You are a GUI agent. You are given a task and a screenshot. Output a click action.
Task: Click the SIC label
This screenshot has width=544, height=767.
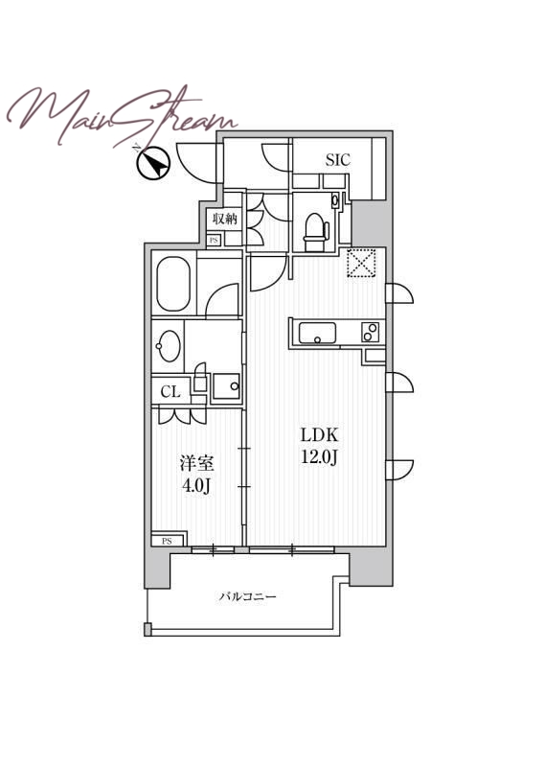point(338,159)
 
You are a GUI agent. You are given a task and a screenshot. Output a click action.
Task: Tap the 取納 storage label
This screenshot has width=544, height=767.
point(225,219)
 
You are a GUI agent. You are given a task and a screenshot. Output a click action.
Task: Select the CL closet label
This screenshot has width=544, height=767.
point(170,391)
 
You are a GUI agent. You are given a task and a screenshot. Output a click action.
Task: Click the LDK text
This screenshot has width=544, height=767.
point(319,434)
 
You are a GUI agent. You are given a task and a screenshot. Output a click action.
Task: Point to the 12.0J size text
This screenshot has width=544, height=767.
point(320,457)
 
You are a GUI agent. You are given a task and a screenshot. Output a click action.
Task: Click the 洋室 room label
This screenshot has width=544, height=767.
point(196,463)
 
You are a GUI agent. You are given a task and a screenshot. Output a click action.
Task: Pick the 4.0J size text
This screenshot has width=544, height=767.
point(196,486)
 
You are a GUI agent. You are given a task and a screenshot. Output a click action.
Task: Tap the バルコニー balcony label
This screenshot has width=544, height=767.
point(248,596)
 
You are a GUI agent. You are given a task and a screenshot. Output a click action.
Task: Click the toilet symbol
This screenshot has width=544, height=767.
point(316,233)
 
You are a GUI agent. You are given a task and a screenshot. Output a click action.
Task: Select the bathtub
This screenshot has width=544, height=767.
point(173,284)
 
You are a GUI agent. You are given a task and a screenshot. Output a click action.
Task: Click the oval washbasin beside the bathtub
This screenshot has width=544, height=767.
point(170,346)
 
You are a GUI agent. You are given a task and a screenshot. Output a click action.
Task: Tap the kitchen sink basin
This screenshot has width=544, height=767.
point(317,333)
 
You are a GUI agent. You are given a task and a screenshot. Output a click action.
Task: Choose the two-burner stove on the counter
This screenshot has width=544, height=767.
point(370,333)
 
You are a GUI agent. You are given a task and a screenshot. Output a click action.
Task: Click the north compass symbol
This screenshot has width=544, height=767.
point(152,163)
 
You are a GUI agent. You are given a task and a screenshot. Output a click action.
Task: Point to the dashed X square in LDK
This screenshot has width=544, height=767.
point(361,264)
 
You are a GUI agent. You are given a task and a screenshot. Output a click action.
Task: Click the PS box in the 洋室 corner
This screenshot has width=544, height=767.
point(168,541)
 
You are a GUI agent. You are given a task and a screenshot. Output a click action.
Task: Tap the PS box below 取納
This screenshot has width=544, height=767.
point(214,241)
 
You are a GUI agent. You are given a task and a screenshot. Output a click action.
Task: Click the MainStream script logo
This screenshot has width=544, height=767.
point(123,116)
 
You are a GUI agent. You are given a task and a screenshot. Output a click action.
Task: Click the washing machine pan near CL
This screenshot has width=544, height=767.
point(226,386)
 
